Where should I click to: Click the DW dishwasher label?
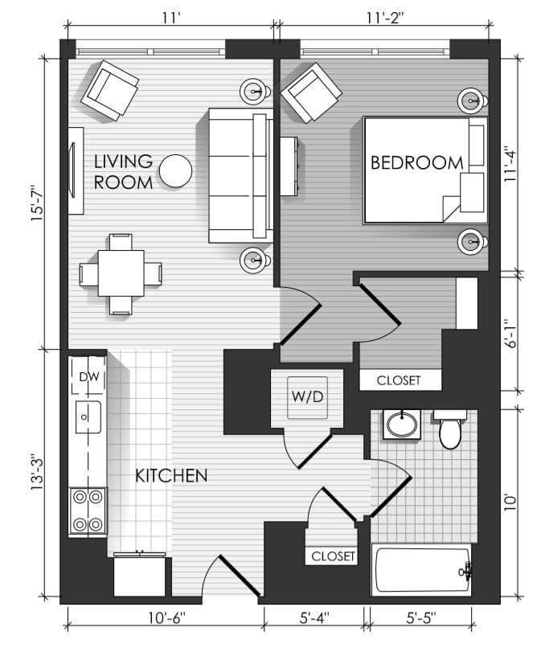pos(89,376)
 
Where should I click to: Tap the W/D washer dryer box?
pos(307,397)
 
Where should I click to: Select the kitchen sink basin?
pos(88,417)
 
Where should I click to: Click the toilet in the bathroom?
pos(449,428)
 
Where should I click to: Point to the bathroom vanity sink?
pos(402,424)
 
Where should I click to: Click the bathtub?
pos(422,569)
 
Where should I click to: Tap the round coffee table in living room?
pos(176,170)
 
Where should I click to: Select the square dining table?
pos(121,273)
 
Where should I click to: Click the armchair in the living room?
pos(109,91)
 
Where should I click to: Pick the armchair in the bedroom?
pos(311,93)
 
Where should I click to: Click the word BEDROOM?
pos(417,162)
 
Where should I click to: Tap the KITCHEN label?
pos(171,476)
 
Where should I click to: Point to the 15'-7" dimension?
pos(37,204)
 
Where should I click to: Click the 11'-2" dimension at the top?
pos(385,18)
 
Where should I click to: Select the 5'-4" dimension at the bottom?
pos(314,617)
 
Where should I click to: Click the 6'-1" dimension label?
pos(510,334)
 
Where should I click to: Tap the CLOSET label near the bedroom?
pos(398,380)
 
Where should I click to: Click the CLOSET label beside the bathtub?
pos(333,556)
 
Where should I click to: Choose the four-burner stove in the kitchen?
pos(88,510)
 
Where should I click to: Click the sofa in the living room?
pos(240,176)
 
